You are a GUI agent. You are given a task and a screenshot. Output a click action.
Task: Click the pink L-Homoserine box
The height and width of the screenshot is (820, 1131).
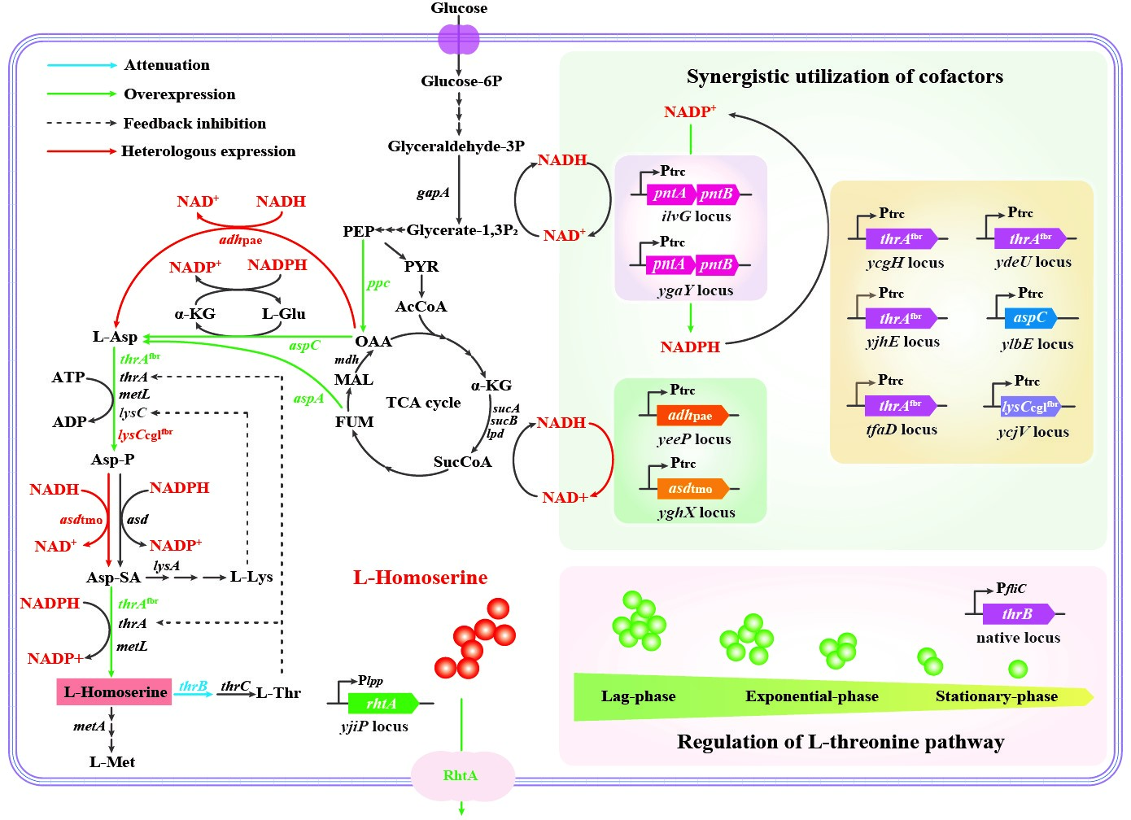(114, 691)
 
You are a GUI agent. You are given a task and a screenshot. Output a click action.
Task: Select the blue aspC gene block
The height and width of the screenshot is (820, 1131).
(1029, 318)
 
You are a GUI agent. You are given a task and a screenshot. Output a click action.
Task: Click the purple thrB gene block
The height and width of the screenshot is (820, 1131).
(1017, 614)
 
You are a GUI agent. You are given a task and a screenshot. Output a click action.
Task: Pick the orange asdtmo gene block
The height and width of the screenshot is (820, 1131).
(692, 488)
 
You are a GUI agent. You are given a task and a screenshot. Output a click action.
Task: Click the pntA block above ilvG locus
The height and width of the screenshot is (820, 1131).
(670, 194)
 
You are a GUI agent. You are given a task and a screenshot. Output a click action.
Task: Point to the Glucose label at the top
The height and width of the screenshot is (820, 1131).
(459, 8)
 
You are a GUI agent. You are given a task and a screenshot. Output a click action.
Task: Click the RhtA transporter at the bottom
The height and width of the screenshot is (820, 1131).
(461, 775)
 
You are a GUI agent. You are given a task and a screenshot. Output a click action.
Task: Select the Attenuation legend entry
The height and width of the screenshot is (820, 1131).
(166, 65)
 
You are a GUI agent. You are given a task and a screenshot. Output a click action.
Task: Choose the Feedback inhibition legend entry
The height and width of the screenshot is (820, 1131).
(194, 124)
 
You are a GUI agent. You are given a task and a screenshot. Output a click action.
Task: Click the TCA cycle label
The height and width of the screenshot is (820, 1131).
(423, 403)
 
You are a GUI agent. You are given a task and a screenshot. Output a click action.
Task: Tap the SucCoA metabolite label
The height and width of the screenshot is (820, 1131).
(462, 462)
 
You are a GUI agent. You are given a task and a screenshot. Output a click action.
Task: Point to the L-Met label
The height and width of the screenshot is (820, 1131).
(112, 762)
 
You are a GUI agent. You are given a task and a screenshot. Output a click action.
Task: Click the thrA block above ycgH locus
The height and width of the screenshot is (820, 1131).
(900, 239)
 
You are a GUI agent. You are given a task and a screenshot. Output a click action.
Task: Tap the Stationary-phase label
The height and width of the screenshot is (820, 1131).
(996, 696)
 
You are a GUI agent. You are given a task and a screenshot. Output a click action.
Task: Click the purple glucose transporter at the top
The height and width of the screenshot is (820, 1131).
(459, 39)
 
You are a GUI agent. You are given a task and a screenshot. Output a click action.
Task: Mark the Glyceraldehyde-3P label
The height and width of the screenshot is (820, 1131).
(456, 146)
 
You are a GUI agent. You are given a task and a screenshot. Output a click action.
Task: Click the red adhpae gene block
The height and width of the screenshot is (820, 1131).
(692, 416)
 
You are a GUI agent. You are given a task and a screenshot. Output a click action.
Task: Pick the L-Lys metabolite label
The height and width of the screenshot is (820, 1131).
(251, 577)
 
